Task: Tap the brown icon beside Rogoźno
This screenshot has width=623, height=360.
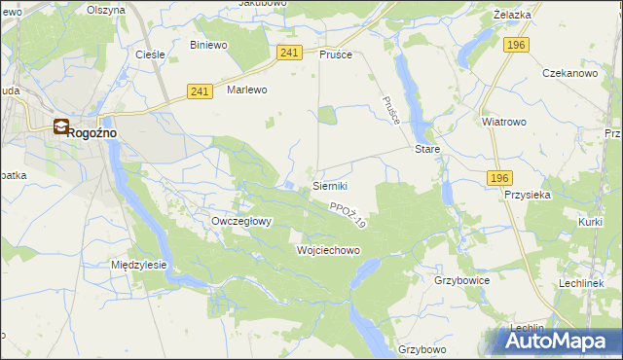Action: click(61, 126)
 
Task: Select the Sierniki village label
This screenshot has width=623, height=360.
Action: click(330, 185)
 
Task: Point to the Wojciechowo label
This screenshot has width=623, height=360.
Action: click(328, 250)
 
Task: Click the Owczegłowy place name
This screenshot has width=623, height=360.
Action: click(241, 221)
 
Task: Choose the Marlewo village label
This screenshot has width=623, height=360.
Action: click(246, 90)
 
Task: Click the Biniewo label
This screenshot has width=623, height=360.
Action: click(208, 45)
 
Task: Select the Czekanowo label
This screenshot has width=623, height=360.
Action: click(569, 74)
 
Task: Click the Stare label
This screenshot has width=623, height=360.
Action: click(428, 150)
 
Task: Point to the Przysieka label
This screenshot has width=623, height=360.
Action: click(529, 194)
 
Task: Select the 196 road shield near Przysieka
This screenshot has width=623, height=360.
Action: click(499, 177)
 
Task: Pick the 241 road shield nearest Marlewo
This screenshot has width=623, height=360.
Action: click(201, 91)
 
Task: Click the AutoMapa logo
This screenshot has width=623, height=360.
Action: click(559, 341)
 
